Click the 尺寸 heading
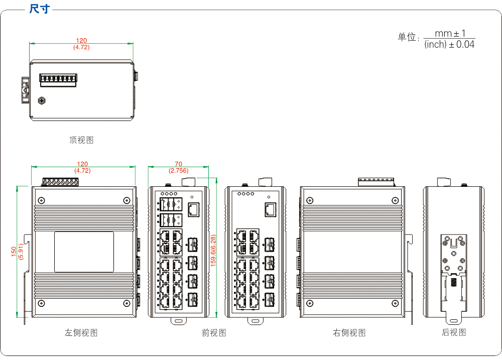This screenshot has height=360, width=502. point(40,9)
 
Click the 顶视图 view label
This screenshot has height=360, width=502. point(81,140)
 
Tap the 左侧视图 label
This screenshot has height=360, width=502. point(81,332)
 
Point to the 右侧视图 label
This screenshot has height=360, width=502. point(349,332)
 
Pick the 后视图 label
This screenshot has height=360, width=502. point(454,332)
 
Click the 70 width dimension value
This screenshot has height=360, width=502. point(178,164)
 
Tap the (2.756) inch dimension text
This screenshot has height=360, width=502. point(178,171)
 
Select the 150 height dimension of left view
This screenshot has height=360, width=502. point(14,251)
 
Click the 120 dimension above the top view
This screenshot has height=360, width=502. point(81,41)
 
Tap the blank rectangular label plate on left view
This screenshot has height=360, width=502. point(84,252)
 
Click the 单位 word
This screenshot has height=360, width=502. point(407,38)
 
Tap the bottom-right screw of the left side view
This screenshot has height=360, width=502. point(126,303)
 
